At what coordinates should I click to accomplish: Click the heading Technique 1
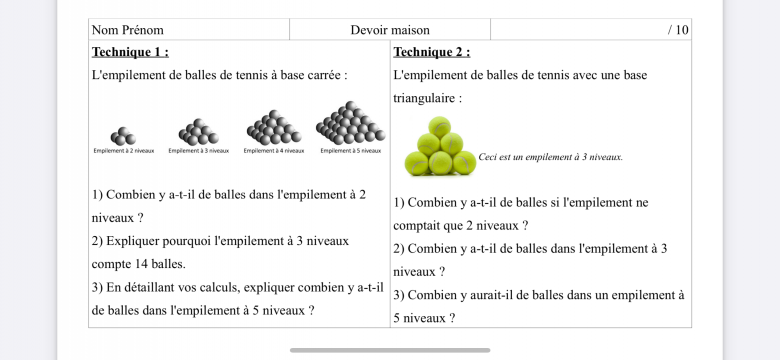(130, 52)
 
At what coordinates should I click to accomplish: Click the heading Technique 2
(432, 52)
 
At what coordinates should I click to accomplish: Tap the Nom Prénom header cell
(128, 30)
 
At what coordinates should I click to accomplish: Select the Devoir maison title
(390, 30)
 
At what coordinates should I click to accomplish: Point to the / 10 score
(678, 30)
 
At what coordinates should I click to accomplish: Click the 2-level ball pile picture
(123, 136)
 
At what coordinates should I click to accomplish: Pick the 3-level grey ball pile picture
(198, 132)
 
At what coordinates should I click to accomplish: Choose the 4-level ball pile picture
(273, 128)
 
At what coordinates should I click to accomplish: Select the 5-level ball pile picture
(350, 123)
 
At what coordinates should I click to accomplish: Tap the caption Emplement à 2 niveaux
(123, 151)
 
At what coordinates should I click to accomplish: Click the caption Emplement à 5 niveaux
(350, 151)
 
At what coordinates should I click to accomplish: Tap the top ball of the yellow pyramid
(440, 127)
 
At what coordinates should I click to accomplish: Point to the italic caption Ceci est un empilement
(550, 157)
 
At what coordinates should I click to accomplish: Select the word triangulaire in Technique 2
(426, 99)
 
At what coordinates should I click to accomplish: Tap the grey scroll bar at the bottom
(390, 350)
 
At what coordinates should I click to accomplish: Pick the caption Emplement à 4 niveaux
(273, 151)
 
